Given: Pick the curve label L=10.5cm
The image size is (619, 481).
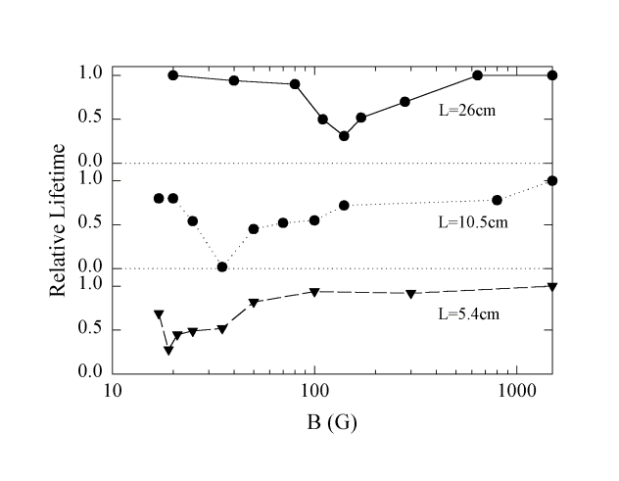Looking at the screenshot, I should click(x=470, y=221).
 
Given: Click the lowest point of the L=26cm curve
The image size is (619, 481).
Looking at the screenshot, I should click(x=344, y=136).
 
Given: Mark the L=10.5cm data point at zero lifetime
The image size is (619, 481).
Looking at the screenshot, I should click(x=222, y=266).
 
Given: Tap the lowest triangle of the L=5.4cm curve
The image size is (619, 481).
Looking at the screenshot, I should click(x=168, y=350).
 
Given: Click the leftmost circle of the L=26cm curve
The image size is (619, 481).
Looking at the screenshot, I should click(x=173, y=75).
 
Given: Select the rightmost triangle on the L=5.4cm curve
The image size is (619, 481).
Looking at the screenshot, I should click(x=552, y=286).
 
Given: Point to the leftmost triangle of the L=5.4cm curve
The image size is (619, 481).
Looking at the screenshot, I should click(x=159, y=314).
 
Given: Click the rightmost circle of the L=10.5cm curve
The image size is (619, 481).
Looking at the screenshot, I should click(x=552, y=180).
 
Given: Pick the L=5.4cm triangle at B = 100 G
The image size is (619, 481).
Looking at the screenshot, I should click(x=314, y=292).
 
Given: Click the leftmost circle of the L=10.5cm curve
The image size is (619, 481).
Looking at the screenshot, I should click(x=159, y=198).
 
